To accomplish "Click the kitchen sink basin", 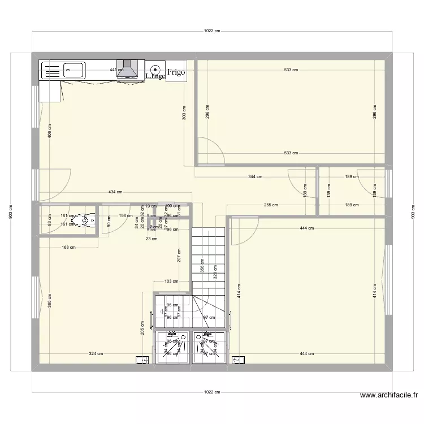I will click(73, 70).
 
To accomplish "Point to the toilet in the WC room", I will click(88, 219).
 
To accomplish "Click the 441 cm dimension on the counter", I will click(116, 70).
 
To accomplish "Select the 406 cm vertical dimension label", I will click(50, 131).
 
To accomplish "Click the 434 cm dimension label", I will click(115, 193).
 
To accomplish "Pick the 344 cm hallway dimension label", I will click(255, 177).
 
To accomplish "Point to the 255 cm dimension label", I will click(270, 205).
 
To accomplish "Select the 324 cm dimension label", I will click(96, 354).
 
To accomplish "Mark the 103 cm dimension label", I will click(171, 281).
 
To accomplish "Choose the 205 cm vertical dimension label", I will click(142, 328).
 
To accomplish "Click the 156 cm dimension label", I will click(126, 215).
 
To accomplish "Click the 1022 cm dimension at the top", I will click(212, 32).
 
